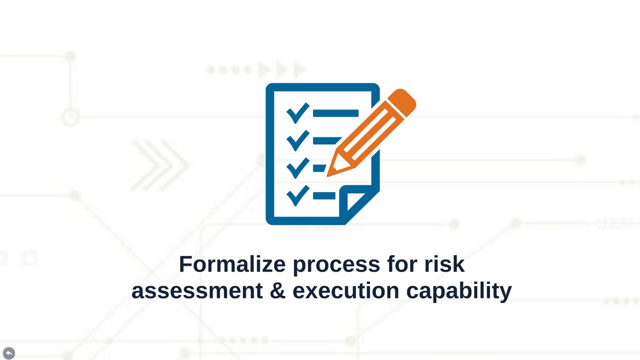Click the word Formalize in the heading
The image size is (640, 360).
tap(232, 264)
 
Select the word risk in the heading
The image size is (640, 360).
tap(444, 264)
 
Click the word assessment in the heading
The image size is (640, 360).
tap(197, 291)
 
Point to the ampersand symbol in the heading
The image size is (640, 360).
tap(277, 290)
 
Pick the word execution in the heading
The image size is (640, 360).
tap(345, 290)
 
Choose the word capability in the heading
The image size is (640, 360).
tap(459, 292)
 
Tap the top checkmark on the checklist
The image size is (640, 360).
tap(298, 113)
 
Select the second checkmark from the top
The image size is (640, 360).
tap(298, 140)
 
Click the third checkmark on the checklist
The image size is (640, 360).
tap(298, 168)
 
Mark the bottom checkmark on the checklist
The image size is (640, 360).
tap(298, 195)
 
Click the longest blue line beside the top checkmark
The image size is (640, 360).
tap(335, 113)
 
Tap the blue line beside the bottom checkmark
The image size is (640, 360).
tap(324, 195)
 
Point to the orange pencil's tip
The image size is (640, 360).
tap(327, 175)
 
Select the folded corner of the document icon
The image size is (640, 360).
tap(355, 201)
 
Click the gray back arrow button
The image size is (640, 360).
tap(9, 353)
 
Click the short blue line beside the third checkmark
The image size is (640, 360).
tap(319, 168)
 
